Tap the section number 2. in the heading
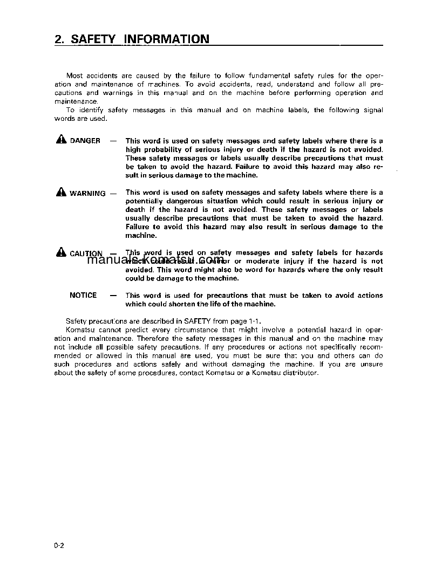(60, 39)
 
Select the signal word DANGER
(85, 141)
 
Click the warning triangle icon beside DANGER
(60, 140)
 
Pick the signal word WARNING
(87, 193)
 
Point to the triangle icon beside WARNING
(60, 192)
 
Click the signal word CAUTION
(86, 253)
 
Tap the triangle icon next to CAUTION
(60, 252)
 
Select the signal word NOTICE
(83, 295)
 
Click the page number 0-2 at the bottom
(59, 546)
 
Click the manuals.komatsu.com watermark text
(155, 260)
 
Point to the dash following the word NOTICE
(113, 295)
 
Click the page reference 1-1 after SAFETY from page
(254, 321)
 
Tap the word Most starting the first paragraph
(74, 76)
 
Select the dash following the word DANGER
(113, 141)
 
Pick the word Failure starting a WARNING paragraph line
(137, 227)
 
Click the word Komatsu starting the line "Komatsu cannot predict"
(78, 330)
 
